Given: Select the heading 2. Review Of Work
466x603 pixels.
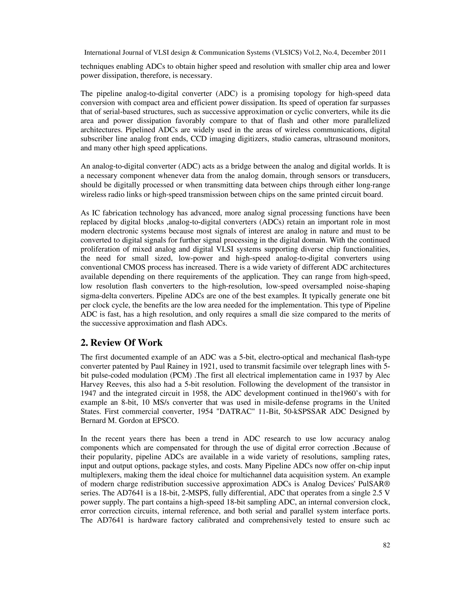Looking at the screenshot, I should tap(122, 343).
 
